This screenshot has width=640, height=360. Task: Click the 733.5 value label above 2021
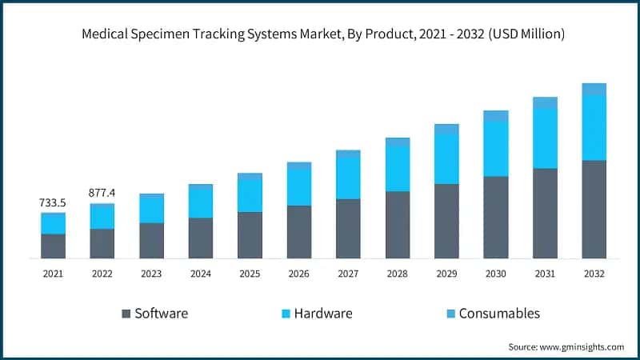coord(53,204)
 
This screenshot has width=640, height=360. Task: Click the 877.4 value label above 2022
coord(102,193)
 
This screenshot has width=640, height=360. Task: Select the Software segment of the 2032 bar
coord(594,210)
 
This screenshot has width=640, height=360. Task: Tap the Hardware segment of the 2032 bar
coord(594,128)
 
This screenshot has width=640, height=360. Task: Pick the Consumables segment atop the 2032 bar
coord(594,89)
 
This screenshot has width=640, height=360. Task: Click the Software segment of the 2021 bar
coord(53,246)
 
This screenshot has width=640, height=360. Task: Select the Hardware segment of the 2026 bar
coord(299,187)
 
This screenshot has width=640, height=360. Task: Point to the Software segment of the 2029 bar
coord(446,222)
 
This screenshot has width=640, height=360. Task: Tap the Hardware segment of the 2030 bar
coord(495,149)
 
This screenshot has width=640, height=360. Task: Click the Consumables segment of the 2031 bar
coord(545,102)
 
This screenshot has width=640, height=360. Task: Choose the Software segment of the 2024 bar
coord(201,238)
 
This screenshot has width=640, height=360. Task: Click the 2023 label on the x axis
coord(151,274)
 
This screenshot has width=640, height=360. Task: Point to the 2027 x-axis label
coord(348,274)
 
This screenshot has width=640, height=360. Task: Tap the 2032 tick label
coord(594,274)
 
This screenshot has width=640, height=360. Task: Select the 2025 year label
coord(250,274)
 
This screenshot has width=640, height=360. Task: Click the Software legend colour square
coord(126,314)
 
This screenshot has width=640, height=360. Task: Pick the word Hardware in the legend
coord(322,314)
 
